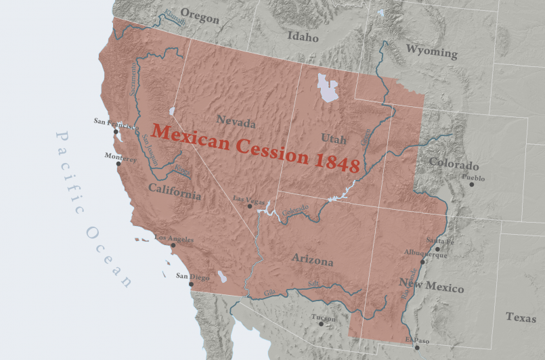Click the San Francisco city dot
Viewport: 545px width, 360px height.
point(116,132)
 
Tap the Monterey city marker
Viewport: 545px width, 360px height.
point(118,164)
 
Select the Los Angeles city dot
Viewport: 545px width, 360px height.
point(173,246)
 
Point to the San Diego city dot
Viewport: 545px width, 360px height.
point(191,284)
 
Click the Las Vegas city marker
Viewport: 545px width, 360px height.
point(250,206)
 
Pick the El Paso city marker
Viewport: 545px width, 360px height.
point(416,348)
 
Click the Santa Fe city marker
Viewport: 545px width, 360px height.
point(437,249)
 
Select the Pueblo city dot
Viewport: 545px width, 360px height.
point(472,184)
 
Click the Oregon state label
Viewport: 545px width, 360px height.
point(200,18)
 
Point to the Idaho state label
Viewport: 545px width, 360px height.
point(302,37)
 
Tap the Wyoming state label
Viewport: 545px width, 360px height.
point(431,51)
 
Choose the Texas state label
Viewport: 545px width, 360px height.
point(521,317)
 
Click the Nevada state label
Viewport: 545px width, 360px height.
point(236,122)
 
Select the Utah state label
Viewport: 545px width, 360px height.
point(334,139)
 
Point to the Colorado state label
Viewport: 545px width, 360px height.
point(454,165)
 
